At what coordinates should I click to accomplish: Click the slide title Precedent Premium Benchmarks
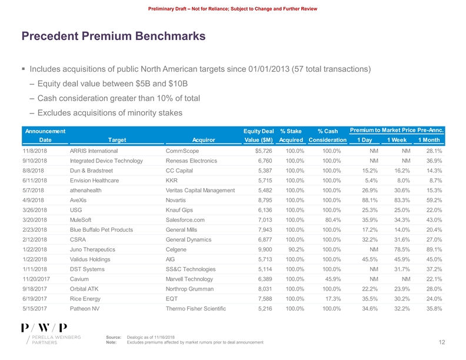pos(113,37)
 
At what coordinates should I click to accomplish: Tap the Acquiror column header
pos(203,139)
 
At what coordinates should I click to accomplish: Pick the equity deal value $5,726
pos(263,151)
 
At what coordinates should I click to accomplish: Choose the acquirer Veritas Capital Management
pos(200,191)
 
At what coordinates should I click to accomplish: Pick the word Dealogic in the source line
pos(137,336)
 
